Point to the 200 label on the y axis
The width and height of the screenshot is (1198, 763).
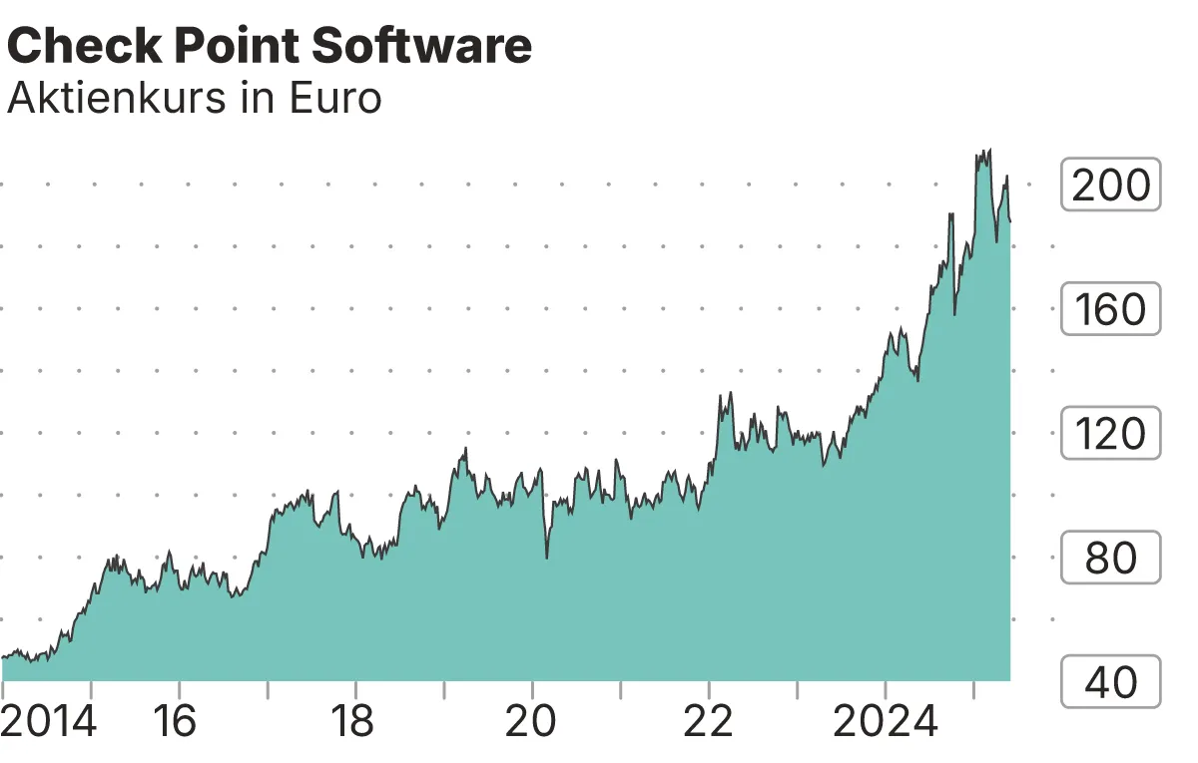(x=1110, y=185)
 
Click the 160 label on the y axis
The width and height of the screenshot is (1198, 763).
(x=1110, y=309)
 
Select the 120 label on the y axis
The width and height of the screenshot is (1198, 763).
(x=1110, y=434)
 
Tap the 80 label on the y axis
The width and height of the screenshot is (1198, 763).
(x=1110, y=559)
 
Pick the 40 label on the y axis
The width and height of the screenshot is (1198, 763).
(x=1110, y=682)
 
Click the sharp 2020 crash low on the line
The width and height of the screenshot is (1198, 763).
(x=547, y=557)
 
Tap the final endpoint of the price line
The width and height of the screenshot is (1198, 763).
(x=1010, y=221)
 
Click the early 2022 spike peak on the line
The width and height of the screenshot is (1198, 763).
(x=731, y=393)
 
